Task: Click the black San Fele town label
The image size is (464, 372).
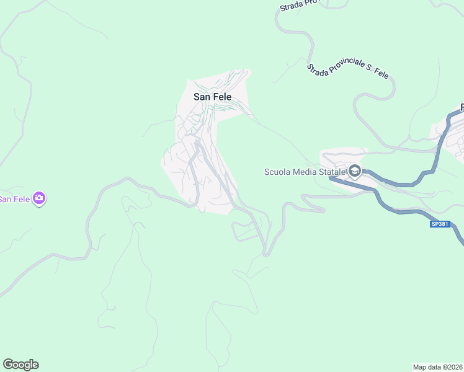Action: coord(213,97)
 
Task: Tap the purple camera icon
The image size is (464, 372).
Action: coord(40,198)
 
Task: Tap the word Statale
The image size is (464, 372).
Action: coord(333,172)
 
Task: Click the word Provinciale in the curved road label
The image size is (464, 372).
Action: coord(348,68)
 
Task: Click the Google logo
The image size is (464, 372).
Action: coord(20,365)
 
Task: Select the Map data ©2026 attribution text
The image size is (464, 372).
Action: coord(438,367)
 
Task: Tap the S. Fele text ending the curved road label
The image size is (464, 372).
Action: coord(380,74)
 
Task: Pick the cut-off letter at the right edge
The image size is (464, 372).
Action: coord(462,108)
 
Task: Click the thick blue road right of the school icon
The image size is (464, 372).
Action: coord(397,183)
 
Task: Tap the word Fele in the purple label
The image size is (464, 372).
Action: coord(21,199)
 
